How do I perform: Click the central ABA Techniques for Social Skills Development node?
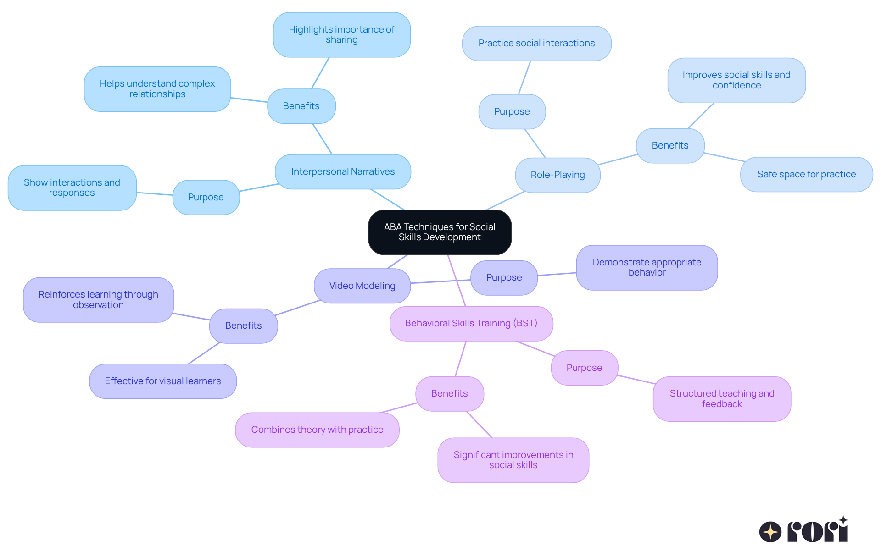(x=440, y=232)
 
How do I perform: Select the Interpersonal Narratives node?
(x=343, y=171)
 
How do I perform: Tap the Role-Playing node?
(x=558, y=175)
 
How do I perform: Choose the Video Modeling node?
(x=362, y=286)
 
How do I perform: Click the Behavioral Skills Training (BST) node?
(x=471, y=323)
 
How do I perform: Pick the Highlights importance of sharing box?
(x=341, y=34)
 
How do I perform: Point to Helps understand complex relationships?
(x=157, y=88)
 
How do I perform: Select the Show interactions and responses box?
(x=72, y=188)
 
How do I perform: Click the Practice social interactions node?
(x=536, y=43)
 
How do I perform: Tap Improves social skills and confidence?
(x=736, y=80)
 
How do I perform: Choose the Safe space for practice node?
(x=806, y=174)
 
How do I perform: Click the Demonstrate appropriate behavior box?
(x=647, y=267)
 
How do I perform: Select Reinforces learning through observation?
(x=98, y=299)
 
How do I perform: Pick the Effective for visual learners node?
(x=162, y=381)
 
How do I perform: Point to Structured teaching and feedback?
(x=722, y=398)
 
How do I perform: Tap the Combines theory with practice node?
(x=317, y=430)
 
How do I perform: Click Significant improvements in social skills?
(x=513, y=460)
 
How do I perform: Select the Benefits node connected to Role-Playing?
(x=670, y=145)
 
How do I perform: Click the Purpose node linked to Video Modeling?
(x=504, y=277)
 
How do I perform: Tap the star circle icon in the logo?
(x=770, y=532)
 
